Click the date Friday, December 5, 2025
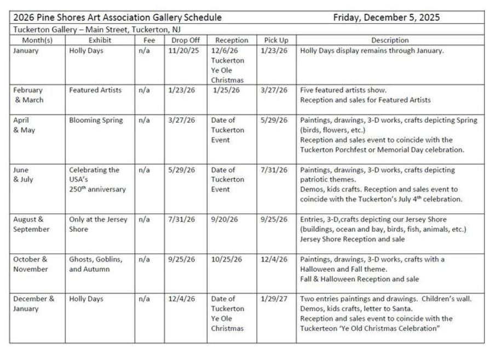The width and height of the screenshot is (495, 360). (x=386, y=18)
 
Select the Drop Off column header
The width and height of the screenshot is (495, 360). (x=185, y=40)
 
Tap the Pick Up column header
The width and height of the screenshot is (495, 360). (x=276, y=40)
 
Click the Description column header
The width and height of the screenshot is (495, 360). (x=389, y=40)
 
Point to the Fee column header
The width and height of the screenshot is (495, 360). (x=149, y=40)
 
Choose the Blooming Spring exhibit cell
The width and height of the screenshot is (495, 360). (x=96, y=120)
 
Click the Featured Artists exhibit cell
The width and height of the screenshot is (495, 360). (x=95, y=90)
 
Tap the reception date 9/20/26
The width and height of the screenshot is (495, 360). (x=225, y=219)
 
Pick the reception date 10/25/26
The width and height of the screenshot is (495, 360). (x=227, y=259)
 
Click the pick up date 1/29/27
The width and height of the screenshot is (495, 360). (x=275, y=299)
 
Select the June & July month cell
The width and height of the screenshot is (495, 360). (x=23, y=175)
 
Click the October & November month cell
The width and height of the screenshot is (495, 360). (x=31, y=264)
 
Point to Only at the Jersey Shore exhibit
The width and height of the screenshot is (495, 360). (x=97, y=224)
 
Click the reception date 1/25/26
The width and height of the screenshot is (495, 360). (x=226, y=90)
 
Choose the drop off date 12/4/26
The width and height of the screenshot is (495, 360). (x=181, y=299)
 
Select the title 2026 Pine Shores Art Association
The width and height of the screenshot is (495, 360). (x=118, y=18)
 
